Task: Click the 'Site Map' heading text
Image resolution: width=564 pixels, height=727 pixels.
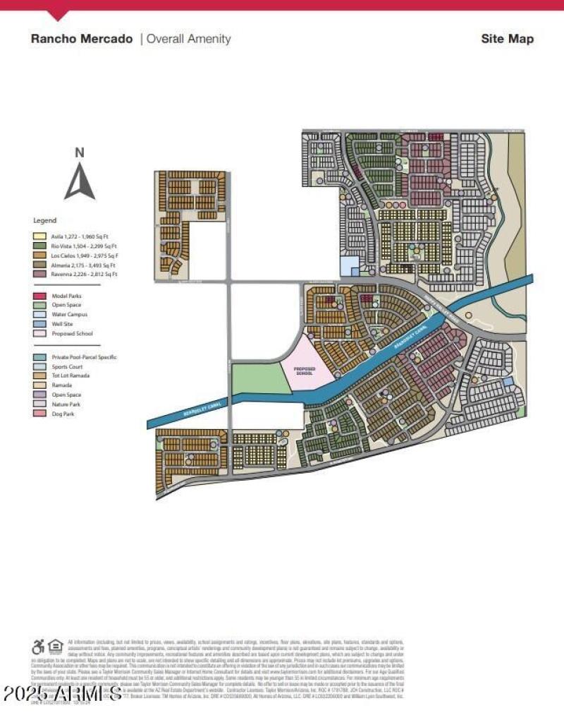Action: [x=507, y=39]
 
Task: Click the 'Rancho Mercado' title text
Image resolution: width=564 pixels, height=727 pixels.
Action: [x=81, y=39]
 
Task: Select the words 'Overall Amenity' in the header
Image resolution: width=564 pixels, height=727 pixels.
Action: [x=188, y=39]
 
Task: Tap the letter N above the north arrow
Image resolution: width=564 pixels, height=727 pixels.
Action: [x=80, y=152]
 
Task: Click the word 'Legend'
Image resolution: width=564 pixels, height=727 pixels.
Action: [x=45, y=221]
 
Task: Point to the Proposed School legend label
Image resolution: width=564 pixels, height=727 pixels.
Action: [x=72, y=333]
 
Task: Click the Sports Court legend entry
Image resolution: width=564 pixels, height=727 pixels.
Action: [x=68, y=366]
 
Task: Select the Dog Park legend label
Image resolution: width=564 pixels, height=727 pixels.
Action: [x=63, y=414]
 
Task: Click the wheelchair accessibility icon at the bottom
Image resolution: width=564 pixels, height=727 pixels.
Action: [x=38, y=647]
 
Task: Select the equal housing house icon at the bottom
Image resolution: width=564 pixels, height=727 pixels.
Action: [x=56, y=647]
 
